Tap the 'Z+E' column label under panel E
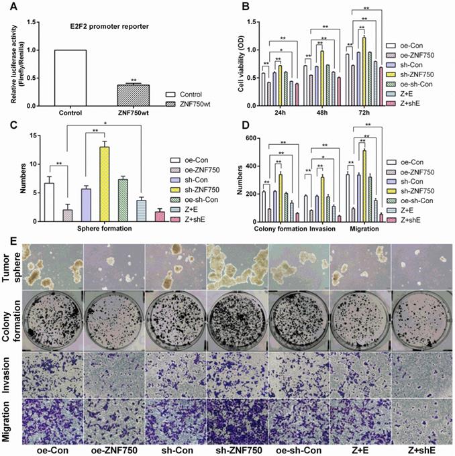click(x=359, y=449)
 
